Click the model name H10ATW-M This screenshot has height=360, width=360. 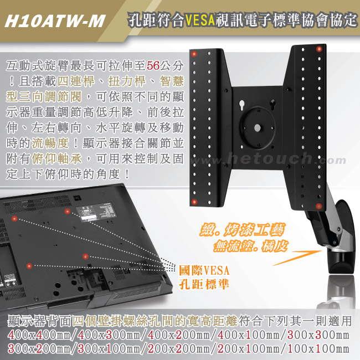[x=55, y=21]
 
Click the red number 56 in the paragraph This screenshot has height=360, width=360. [x=153, y=66]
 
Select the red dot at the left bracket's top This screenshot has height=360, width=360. [x=194, y=54]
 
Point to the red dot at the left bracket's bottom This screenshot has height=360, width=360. [x=194, y=202]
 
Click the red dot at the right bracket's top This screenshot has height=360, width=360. [x=318, y=49]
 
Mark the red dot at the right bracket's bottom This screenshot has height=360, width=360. [x=318, y=206]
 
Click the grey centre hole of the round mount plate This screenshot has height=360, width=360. [x=258, y=128]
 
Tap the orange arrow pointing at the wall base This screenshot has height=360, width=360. [x=297, y=258]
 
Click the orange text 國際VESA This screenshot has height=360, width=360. [x=204, y=270]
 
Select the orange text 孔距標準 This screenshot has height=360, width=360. [x=204, y=285]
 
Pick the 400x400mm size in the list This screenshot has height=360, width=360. [x=39, y=335]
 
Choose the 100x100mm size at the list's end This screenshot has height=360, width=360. [x=318, y=349]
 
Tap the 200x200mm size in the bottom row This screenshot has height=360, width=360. [x=178, y=349]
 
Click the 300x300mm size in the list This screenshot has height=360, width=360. [x=318, y=335]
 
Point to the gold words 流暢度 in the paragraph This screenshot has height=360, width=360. [x=50, y=143]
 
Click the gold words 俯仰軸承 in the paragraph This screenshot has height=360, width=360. [x=56, y=159]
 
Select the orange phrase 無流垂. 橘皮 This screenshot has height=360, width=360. [x=250, y=246]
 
